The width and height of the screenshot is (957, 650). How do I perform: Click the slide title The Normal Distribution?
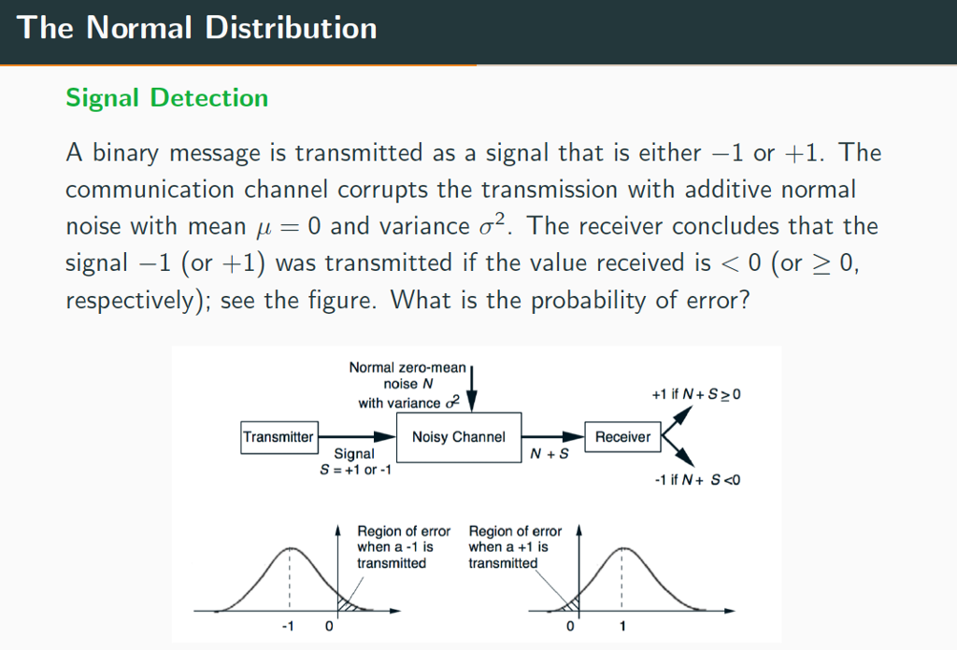click(196, 28)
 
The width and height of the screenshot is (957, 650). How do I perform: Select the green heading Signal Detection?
click(166, 98)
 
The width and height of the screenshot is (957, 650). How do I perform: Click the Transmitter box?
click(279, 437)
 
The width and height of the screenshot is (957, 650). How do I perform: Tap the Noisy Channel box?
click(458, 437)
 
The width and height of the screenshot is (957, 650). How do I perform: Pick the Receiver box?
click(622, 437)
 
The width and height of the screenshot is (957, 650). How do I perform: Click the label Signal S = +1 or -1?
click(354, 461)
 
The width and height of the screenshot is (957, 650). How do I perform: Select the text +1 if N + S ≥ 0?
click(695, 396)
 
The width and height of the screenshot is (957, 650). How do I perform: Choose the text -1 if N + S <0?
click(697, 480)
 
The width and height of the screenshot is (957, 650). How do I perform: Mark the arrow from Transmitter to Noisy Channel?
click(356, 436)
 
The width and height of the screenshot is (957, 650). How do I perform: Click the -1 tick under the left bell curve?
click(289, 626)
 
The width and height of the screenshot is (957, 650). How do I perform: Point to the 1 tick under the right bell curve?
click(622, 626)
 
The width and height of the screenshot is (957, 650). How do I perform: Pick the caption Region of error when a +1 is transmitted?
click(515, 547)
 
